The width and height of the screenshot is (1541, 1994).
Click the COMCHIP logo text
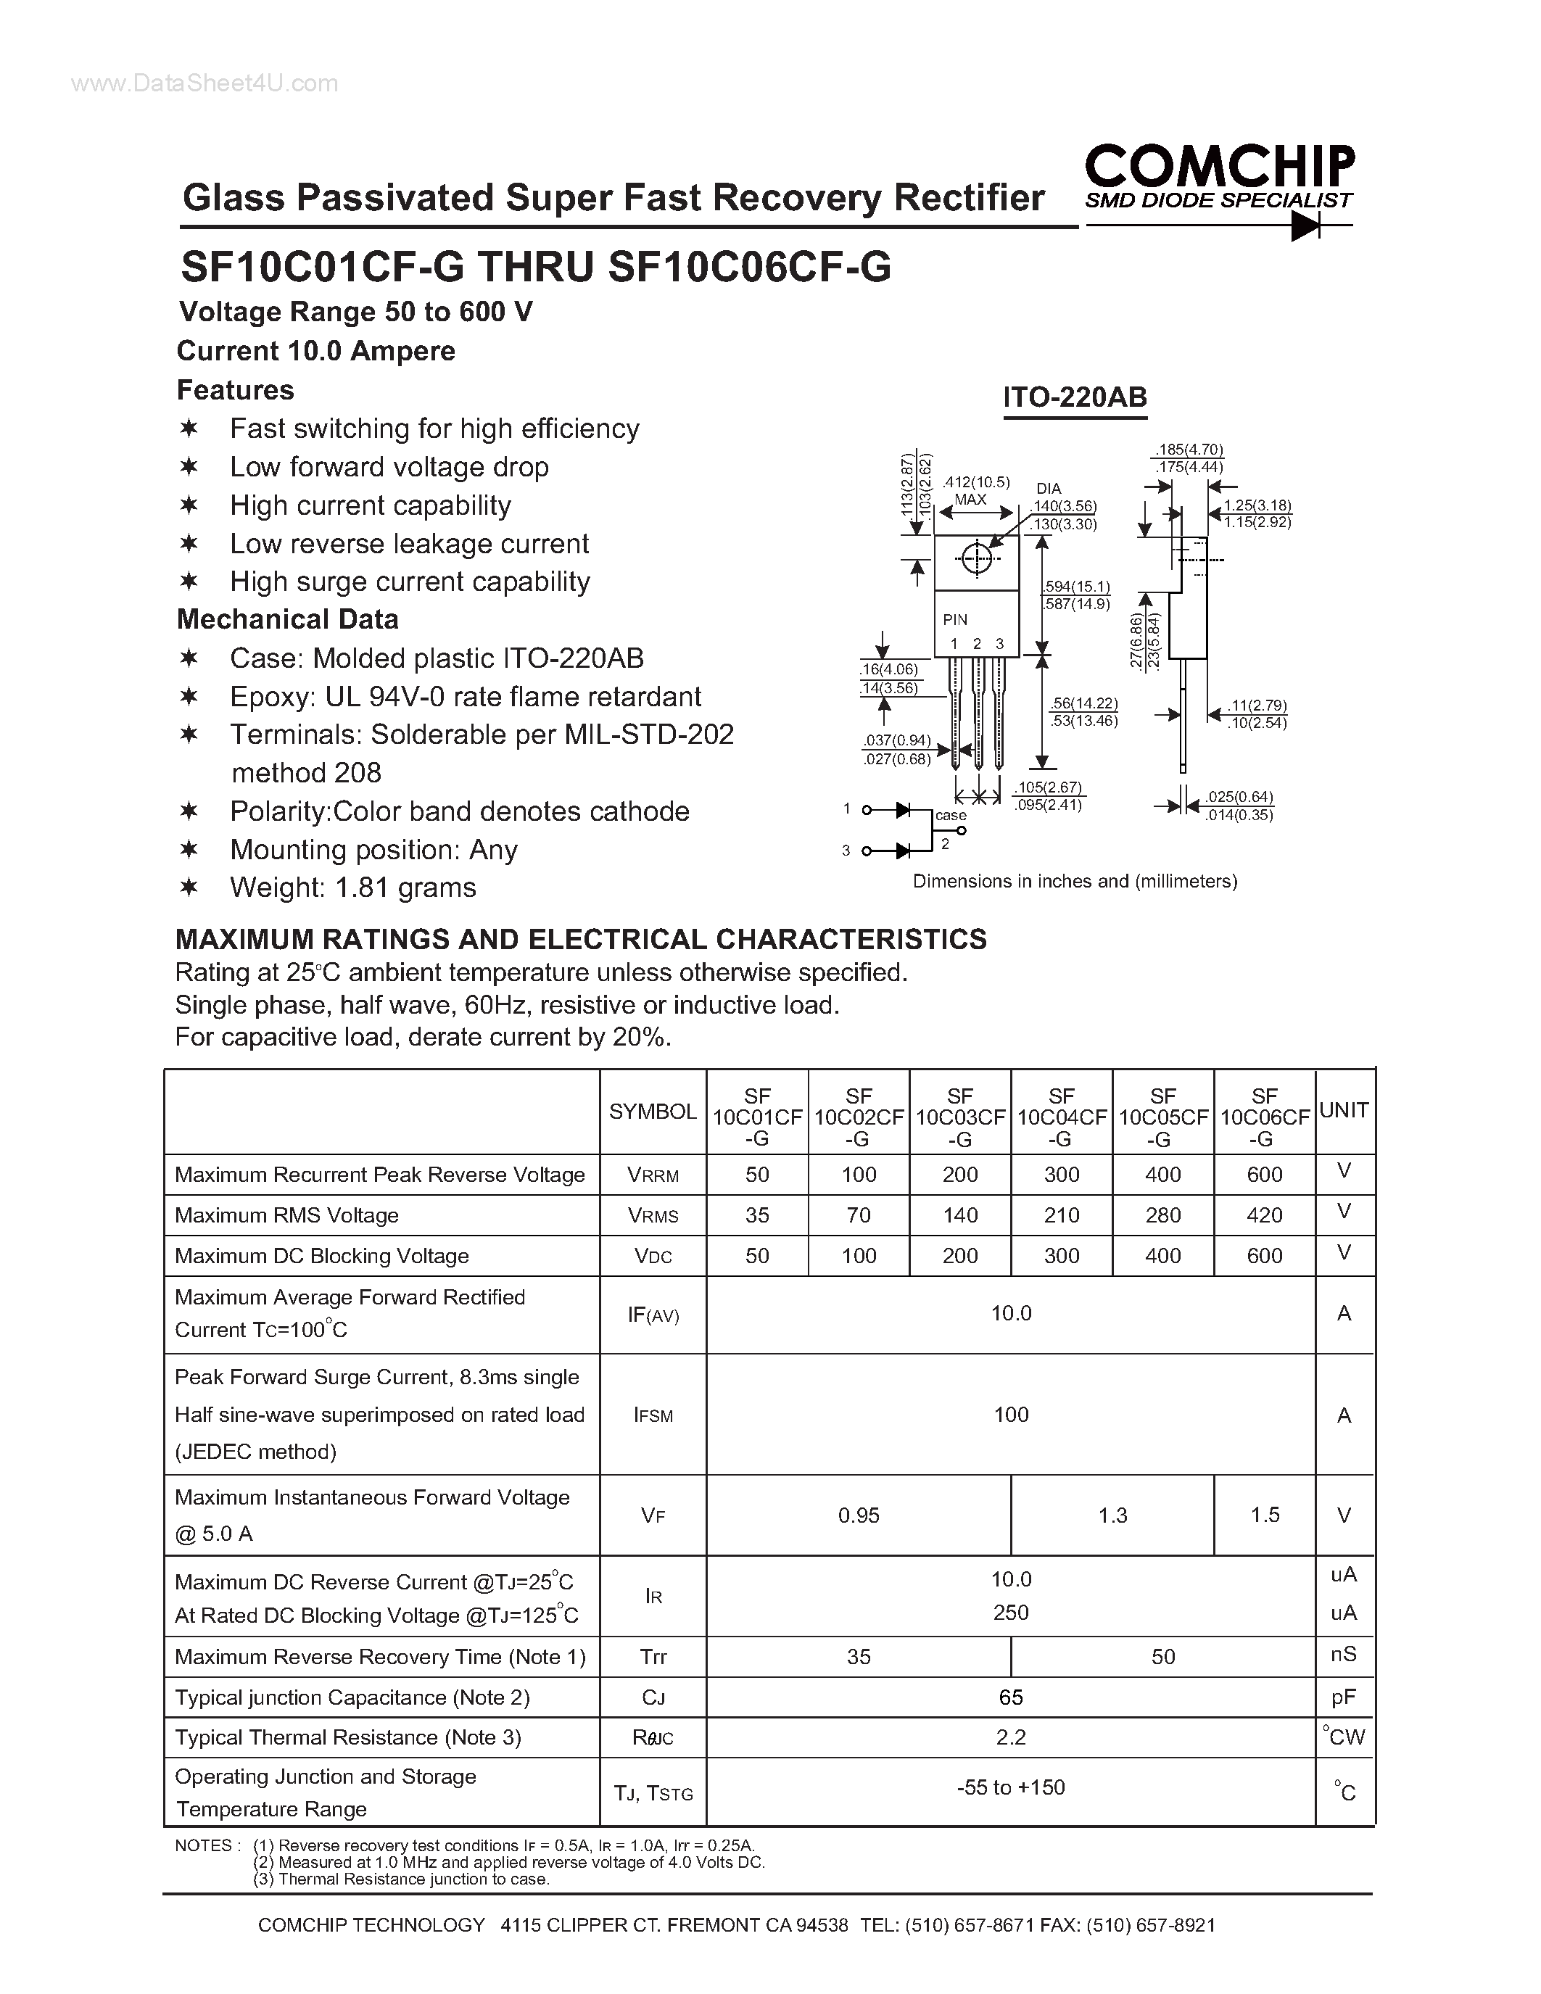[x=1219, y=167]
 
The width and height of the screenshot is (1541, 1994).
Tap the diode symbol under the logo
[x=1305, y=226]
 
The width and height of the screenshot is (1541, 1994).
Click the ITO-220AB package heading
[x=1075, y=398]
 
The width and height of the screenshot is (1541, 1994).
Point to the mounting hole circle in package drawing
[x=976, y=558]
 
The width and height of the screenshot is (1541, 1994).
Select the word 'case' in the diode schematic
[x=951, y=815]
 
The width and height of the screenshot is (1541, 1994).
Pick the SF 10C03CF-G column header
[x=959, y=1117]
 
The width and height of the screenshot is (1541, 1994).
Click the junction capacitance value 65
[x=1011, y=1697]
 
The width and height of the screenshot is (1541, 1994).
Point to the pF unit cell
[x=1343, y=1697]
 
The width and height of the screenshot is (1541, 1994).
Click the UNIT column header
[x=1344, y=1111]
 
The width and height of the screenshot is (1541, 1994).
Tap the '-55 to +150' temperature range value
[x=1011, y=1787]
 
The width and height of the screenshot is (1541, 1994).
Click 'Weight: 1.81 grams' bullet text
[x=352, y=888]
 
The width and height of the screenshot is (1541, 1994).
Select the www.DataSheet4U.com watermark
[x=204, y=84]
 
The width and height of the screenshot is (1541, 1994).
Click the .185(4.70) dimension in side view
[x=1188, y=450]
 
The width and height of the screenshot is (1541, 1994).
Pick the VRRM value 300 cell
[x=1061, y=1175]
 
